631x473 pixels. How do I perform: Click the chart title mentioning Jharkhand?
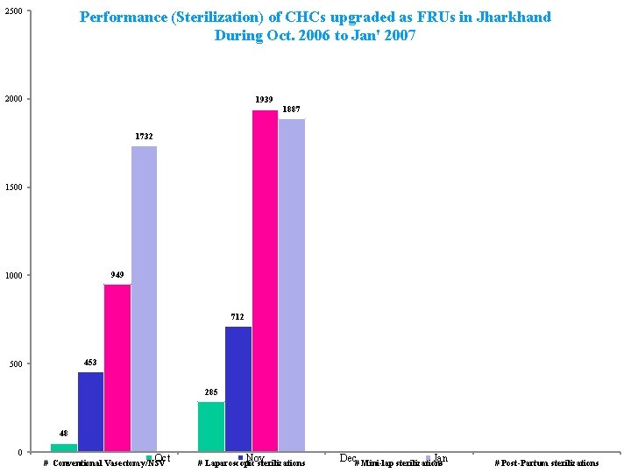coord(315,26)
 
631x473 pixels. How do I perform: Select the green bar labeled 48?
coord(64,448)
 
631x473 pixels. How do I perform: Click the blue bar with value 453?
coord(90,412)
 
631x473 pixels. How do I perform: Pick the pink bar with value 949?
coord(117,368)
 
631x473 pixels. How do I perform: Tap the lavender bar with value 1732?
coord(144,299)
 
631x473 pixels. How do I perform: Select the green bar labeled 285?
coord(211,427)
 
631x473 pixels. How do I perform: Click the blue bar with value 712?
coord(238,389)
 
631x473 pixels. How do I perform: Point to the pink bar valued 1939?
coord(265,281)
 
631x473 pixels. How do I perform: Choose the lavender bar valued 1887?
coord(292,286)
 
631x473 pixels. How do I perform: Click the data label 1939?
coord(264,100)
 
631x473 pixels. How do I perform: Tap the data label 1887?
coord(291,109)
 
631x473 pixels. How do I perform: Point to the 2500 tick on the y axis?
coord(12,11)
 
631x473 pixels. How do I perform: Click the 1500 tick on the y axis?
coord(12,187)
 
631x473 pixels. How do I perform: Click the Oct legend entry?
coord(161,458)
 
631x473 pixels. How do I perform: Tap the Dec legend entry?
coord(347,458)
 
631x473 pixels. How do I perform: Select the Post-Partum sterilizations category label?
coord(547,463)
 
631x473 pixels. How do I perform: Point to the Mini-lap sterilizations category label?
coord(398,463)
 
